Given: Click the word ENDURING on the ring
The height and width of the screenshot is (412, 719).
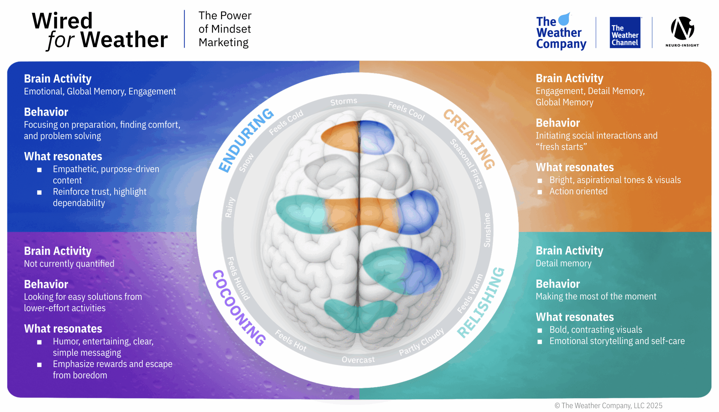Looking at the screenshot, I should point(245,140).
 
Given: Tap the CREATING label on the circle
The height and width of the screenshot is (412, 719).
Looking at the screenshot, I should point(469,139).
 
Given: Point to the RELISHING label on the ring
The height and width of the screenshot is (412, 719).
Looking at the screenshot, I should point(481,303).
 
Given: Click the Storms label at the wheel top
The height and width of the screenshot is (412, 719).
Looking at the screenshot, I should point(343,101).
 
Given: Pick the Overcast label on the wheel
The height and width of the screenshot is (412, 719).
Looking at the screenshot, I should point(358,360).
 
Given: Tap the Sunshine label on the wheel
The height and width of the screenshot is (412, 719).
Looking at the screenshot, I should point(487,230).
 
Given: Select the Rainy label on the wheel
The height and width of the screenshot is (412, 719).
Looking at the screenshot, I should point(229,207).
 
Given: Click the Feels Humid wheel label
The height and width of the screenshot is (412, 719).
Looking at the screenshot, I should point(238,279).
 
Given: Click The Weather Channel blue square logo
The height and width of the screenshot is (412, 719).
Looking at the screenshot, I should point(625,33).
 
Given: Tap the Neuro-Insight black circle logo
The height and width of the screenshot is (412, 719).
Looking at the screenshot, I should point(682,28).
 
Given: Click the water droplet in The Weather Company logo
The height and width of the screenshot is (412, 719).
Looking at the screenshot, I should point(564,19).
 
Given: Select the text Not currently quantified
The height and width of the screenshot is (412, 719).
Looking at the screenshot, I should point(69,264).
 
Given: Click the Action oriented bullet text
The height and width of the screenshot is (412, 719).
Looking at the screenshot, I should point(578,191).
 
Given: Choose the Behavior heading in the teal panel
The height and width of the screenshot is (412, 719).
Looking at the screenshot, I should point(558,284).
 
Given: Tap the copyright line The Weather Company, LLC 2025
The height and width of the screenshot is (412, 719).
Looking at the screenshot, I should point(608,406).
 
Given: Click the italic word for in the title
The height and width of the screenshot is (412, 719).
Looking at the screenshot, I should point(60,40).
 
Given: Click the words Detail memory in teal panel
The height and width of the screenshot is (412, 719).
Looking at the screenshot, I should point(563,263).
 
